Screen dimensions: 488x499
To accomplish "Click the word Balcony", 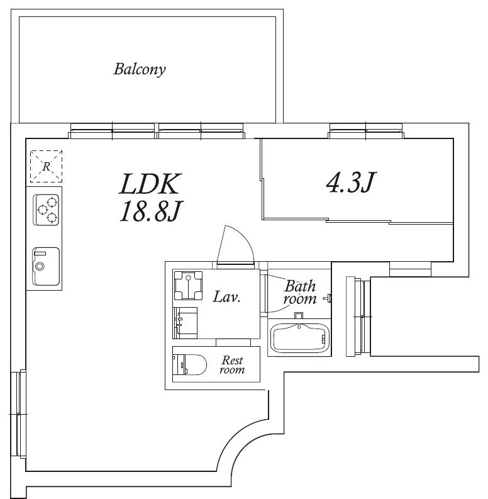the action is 140,69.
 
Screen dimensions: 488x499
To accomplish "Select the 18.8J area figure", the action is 150,211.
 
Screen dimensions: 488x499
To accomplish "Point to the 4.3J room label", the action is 351,182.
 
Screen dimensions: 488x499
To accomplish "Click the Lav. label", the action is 226,297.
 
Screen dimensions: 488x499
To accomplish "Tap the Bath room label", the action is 300,292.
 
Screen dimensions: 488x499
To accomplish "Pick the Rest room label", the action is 232,365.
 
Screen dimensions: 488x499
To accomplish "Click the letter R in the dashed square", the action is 47,166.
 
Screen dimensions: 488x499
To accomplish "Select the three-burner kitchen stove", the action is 46,210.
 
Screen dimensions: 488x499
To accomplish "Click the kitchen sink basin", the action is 46,267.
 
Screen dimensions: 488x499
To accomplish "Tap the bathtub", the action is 299,338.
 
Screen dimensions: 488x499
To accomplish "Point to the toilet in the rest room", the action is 189,364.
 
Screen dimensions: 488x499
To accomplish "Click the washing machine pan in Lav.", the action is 188,286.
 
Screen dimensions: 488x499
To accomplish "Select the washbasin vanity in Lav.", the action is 185,323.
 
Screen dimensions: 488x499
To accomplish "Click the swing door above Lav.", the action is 235,245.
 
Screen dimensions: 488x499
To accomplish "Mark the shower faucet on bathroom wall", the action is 328,298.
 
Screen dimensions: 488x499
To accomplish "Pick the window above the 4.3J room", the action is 366,130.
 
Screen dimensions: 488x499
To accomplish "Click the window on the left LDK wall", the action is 18,413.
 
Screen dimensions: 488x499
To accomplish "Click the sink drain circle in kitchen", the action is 40,266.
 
